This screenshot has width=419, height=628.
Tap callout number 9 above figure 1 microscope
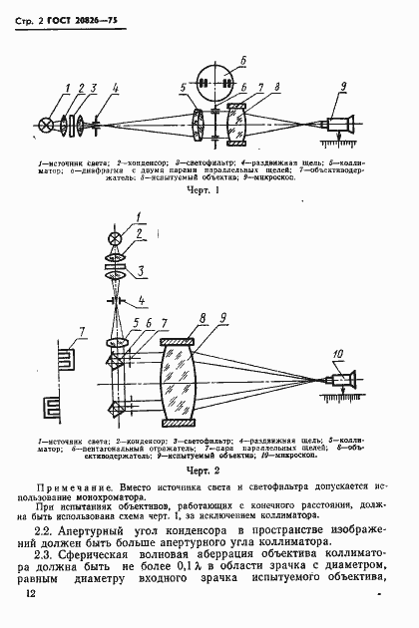341,89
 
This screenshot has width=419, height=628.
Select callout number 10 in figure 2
340,353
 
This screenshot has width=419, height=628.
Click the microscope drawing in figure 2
339,381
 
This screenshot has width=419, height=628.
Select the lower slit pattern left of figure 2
47,410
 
